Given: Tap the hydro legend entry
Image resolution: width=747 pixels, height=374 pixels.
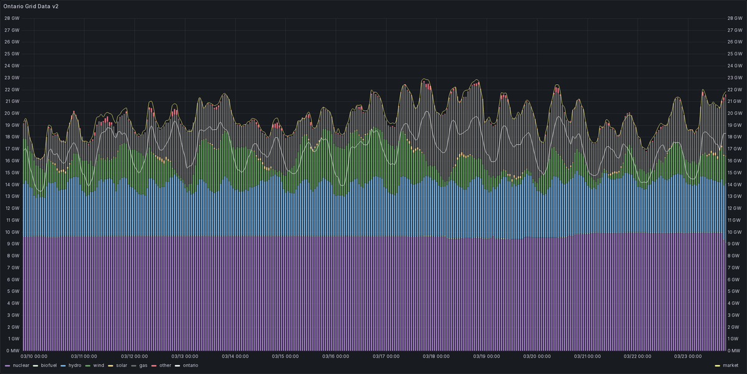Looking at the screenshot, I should click(75, 365).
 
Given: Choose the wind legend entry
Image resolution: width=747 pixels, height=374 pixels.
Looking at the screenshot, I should click(98, 365).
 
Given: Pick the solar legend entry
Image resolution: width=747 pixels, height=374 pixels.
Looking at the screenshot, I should click(121, 365).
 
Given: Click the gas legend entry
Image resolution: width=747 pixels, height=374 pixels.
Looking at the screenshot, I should click(143, 365).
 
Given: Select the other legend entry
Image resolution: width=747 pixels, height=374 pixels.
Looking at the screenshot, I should click(165, 365).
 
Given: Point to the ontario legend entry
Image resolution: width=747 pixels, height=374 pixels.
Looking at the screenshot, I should click(190, 365).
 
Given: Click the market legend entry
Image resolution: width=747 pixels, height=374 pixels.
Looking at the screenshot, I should click(730, 365).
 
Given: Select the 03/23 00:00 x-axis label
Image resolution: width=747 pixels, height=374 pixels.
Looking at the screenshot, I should click(690, 357).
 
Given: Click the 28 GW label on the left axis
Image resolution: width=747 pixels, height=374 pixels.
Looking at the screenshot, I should click(12, 18).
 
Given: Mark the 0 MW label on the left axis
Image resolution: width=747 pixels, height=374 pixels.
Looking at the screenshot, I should click(12, 350).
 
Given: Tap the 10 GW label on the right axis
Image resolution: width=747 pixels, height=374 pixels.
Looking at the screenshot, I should click(735, 232).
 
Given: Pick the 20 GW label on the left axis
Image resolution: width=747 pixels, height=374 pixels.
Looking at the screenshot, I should click(12, 113).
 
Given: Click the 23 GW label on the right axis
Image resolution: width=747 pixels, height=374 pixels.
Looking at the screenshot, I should click(735, 78).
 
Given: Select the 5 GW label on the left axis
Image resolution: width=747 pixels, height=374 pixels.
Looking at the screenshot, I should click(12, 291).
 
